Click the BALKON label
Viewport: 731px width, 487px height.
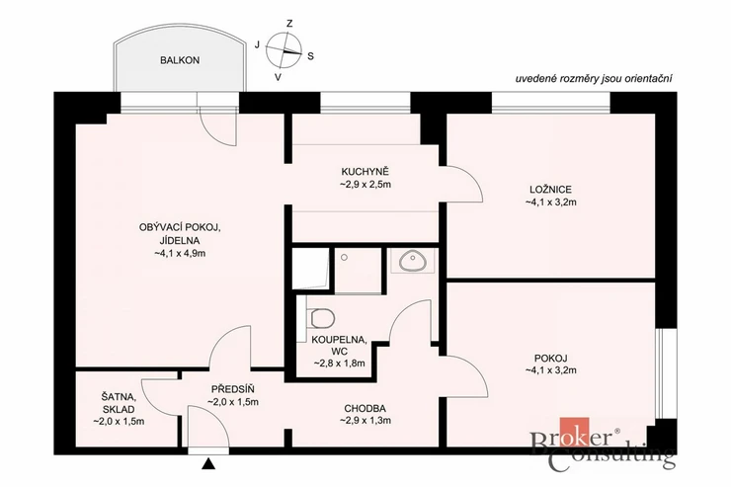click(180, 60)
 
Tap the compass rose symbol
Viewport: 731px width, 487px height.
click(284, 49)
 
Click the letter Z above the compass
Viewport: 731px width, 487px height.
click(289, 24)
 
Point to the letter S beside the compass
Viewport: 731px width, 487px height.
click(310, 56)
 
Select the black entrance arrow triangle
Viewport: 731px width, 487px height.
click(208, 463)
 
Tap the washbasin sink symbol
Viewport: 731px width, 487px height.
click(412, 261)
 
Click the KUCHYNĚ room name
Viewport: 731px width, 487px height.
click(365, 171)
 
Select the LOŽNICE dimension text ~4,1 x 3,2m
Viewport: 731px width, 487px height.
click(550, 203)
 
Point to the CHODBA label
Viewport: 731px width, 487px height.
click(365, 409)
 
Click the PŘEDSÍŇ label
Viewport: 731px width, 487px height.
click(233, 388)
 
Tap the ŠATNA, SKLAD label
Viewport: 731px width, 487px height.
click(119, 403)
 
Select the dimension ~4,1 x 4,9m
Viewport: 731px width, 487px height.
click(180, 254)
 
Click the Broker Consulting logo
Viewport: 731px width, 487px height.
click(603, 444)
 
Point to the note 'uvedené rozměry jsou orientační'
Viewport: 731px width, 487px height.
click(594, 79)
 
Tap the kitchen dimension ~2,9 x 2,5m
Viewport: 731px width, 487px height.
click(365, 184)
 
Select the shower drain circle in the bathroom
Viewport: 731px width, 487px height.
click(344, 257)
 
